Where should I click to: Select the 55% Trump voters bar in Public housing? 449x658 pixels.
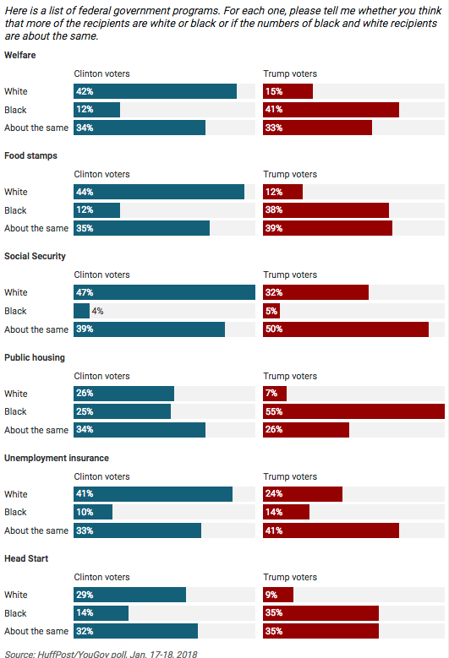coord(353,411)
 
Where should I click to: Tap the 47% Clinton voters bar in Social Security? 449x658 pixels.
coord(164,292)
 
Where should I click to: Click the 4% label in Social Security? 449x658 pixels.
coord(97,311)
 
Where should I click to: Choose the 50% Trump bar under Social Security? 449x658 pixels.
coord(346,329)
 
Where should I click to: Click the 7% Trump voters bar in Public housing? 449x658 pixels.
coord(275,394)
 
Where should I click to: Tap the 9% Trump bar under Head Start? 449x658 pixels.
coord(278,595)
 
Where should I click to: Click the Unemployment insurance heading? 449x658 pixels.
coord(57,458)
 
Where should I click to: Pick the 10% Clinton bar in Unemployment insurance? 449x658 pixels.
coord(93,512)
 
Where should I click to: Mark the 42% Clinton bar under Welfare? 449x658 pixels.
coord(156,91)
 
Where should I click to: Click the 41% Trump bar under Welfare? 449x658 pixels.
coord(331,110)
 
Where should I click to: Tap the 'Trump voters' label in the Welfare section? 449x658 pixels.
coord(290,73)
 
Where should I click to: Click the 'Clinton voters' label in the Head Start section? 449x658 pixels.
coord(102,577)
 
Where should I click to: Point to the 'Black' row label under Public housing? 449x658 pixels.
coord(15,411)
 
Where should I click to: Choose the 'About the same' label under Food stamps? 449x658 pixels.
coord(36,228)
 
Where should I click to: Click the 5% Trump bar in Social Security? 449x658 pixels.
coord(271,311)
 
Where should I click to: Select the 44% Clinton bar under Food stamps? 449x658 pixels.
coord(159,192)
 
